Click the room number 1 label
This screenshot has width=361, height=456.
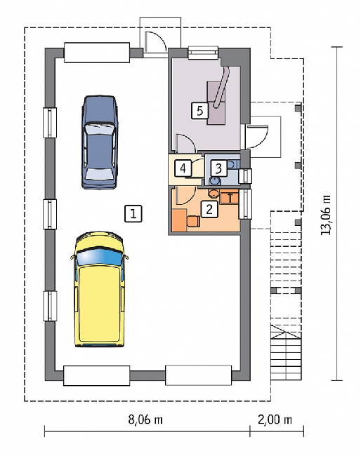pos(133,214)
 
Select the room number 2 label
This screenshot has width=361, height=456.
pos(209,208)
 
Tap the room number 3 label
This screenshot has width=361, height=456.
pos(218,168)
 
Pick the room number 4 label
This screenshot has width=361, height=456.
pos(183,168)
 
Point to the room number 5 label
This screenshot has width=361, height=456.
pos(199,111)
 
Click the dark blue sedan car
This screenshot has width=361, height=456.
pos(100,142)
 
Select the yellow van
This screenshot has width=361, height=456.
pos(99,289)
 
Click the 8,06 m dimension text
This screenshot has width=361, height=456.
pos(145,420)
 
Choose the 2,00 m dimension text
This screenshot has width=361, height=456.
pos(275,420)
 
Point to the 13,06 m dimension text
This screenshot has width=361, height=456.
pos(326,215)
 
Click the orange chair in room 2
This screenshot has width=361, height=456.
pos(193,221)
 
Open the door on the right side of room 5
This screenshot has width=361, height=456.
pos(256,137)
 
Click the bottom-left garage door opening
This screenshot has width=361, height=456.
pos(97,376)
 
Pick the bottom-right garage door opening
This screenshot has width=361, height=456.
pos(199,375)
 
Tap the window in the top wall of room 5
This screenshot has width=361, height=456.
pos(203,53)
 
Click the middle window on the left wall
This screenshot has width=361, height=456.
pos(50,215)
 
